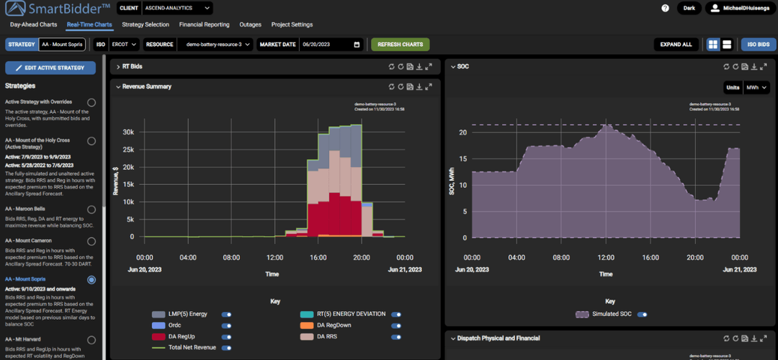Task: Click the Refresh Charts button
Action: coord(400,45)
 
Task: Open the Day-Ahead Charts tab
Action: coord(33,24)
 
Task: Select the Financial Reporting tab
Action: coord(204,24)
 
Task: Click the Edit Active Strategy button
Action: coord(50,68)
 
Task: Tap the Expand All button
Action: coord(676,45)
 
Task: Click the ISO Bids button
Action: coord(758,45)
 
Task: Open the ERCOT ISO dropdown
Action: coord(125,45)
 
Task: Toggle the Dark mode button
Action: coord(689,8)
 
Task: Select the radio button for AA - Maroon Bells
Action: coord(91,210)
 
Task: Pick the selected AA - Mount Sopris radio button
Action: coord(91,279)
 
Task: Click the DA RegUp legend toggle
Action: coord(227,336)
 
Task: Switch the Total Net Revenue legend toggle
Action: coord(227,348)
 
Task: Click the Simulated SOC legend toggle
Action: coord(642,314)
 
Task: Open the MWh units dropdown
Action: coord(756,87)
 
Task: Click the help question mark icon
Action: coord(665,8)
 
